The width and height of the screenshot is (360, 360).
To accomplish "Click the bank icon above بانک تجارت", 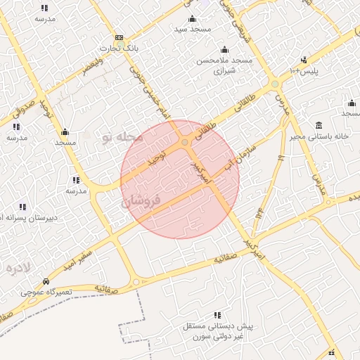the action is click(x=119, y=37).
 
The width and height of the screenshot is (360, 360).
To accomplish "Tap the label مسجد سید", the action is click(x=191, y=30).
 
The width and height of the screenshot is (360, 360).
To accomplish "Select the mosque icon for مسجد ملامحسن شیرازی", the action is click(x=224, y=49).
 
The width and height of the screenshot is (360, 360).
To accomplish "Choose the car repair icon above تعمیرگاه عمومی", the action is click(x=46, y=279).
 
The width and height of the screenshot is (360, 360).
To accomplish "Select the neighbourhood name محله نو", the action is click(x=121, y=136).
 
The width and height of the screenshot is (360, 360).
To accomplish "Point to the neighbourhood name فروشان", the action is click(x=141, y=200).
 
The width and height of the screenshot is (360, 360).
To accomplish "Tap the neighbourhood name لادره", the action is click(x=18, y=268).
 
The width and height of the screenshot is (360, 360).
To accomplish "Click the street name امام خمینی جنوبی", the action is click(x=150, y=91).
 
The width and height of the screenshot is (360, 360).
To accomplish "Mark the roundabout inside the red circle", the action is click(x=185, y=143).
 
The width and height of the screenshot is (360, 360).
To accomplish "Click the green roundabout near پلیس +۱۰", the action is click(x=275, y=84).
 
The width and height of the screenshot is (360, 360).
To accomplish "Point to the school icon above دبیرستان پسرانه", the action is click(x=22, y=207).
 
